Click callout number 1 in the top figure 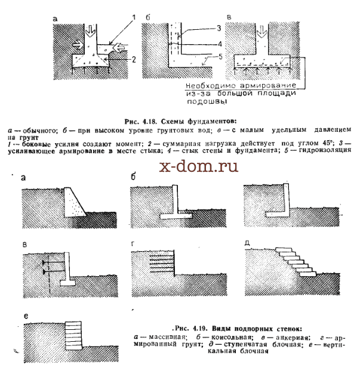pyautogui.click(x=134, y=17)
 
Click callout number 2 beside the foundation pyautogui.click(x=134, y=60)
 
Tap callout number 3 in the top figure pyautogui.click(x=219, y=28)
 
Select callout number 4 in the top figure pyautogui.click(x=220, y=44)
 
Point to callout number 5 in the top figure pyautogui.click(x=220, y=57)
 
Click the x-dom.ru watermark pyautogui.click(x=198, y=166)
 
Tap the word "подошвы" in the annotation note pyautogui.click(x=207, y=102)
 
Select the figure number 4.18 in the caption pyautogui.click(x=149, y=122)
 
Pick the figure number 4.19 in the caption pyautogui.click(x=200, y=329)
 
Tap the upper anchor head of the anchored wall pyautogui.click(x=44, y=262)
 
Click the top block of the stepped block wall pyautogui.click(x=284, y=249)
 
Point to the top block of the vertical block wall pyautogui.click(x=73, y=324)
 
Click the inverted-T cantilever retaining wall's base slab pyautogui.click(x=176, y=217)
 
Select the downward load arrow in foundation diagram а pyautogui.click(x=90, y=30)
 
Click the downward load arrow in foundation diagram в pyautogui.click(x=261, y=31)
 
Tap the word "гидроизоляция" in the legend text pyautogui.click(x=325, y=150)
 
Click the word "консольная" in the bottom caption pyautogui.click(x=231, y=337)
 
